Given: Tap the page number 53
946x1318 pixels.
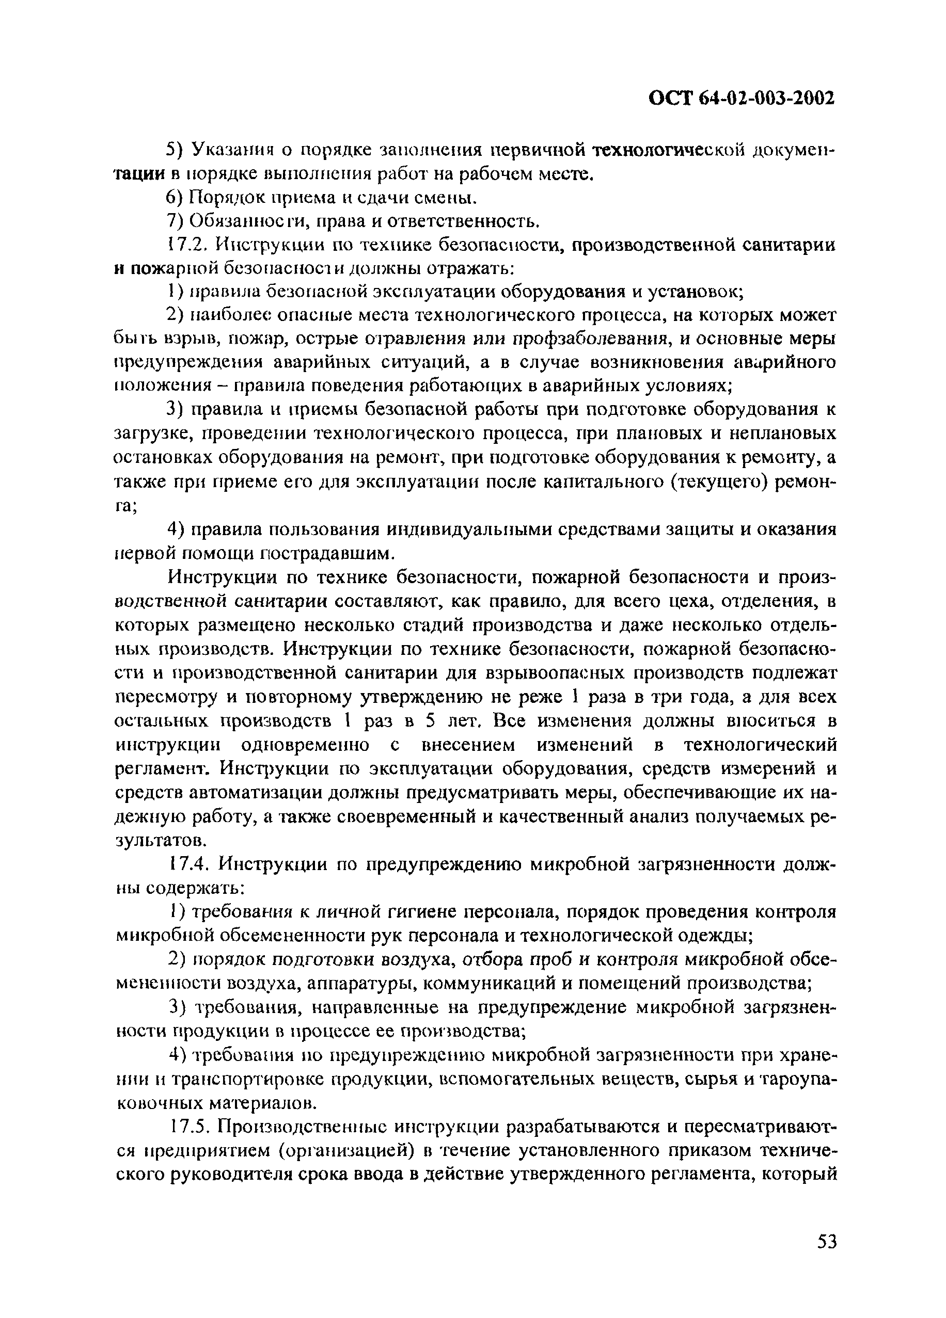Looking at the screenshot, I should [826, 1258].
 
